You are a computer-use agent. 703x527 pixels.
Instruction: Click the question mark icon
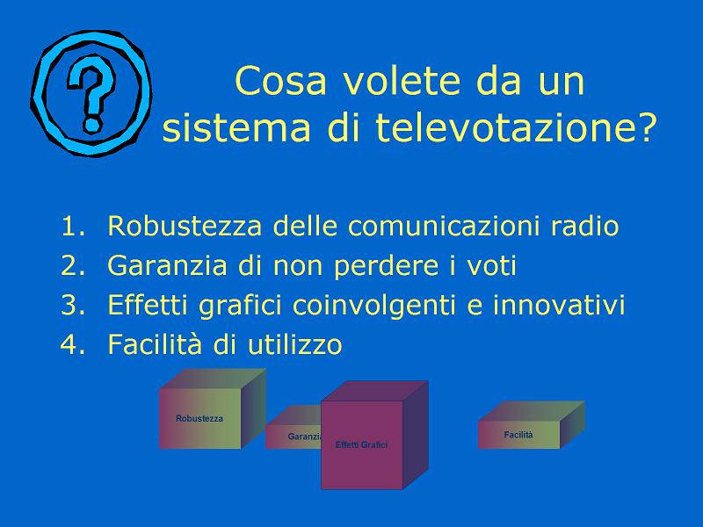91,93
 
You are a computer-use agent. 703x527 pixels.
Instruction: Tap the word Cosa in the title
280,81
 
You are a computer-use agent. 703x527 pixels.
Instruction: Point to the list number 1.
72,226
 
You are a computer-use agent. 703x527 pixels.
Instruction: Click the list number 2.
72,265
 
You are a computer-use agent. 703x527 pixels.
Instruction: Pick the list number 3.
72,305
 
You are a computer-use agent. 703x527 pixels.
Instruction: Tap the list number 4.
72,344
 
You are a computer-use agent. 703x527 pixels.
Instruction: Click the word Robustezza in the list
185,226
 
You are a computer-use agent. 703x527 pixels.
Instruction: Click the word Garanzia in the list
167,265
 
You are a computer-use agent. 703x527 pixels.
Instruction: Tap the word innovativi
559,305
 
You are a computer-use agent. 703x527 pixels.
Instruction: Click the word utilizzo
294,344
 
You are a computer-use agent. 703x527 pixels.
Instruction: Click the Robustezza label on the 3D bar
199,419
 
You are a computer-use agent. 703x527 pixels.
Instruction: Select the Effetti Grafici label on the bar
361,445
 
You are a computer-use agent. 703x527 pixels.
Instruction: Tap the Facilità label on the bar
518,435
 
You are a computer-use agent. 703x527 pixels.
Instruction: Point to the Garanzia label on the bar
304,437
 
